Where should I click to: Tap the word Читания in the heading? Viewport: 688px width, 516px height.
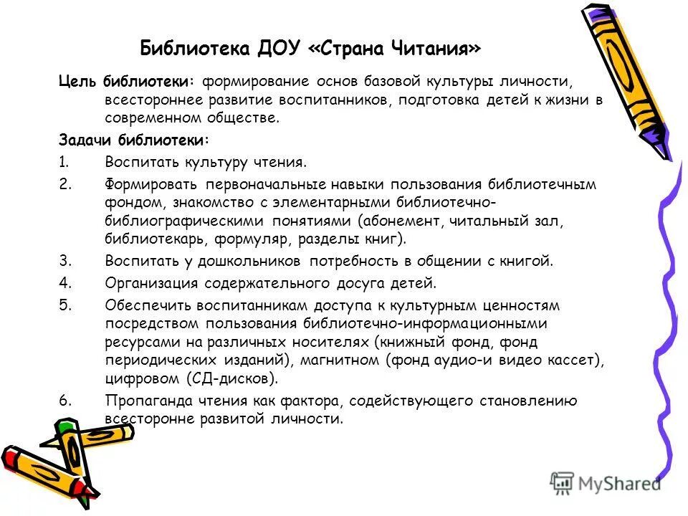coord(437,49)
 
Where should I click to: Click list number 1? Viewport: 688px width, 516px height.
coord(64,162)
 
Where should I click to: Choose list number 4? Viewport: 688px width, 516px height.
coord(64,282)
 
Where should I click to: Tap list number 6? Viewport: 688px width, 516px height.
coord(64,401)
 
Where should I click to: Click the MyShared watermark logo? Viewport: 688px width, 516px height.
coord(605,482)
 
